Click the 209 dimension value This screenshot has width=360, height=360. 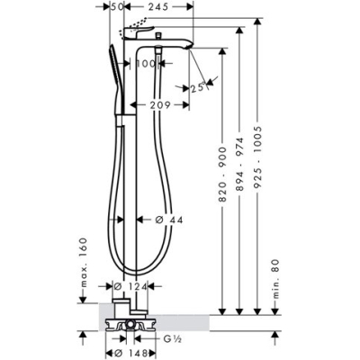[160, 105]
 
